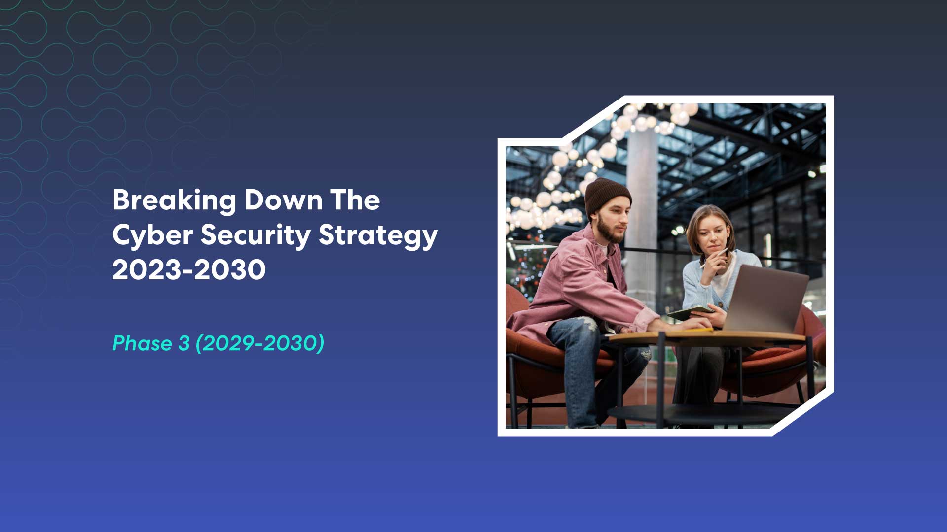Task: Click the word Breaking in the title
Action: click(x=174, y=200)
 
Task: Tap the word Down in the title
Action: click(x=284, y=200)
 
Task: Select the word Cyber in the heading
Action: click(x=152, y=235)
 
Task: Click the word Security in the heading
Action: click(x=255, y=235)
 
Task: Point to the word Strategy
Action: click(x=378, y=235)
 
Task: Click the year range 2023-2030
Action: click(x=189, y=270)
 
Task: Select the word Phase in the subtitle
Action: click(x=142, y=343)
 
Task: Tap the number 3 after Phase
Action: click(x=183, y=343)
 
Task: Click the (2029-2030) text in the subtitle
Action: click(x=260, y=343)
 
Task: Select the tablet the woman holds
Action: click(x=691, y=312)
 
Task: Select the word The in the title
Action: click(x=355, y=200)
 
